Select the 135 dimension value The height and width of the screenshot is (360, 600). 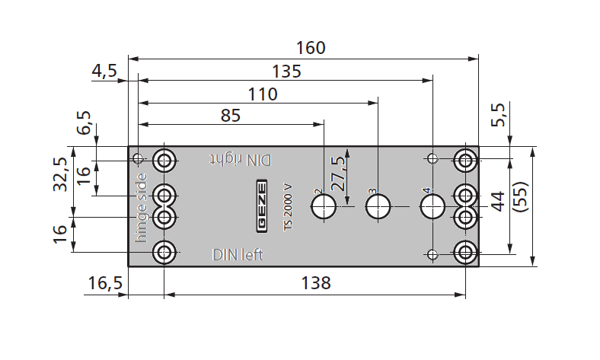pos(286,72)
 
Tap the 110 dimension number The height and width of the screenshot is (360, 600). pos(262,94)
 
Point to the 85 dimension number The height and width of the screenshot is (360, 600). pos(230,116)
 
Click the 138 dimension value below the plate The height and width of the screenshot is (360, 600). pos(315,283)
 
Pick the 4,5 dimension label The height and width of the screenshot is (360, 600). pos(104,72)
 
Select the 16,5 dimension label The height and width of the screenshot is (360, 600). pos(105,283)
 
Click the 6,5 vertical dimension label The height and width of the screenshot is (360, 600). pos(84,123)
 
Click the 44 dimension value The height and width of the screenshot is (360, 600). pos(497,201)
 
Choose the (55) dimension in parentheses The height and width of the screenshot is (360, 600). pos(521,201)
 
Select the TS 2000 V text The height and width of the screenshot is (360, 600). pos(288,208)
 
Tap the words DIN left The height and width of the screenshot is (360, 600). pos(238,255)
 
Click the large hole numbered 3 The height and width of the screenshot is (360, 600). pos(378,205)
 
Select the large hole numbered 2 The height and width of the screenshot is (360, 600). pos(324,205)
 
